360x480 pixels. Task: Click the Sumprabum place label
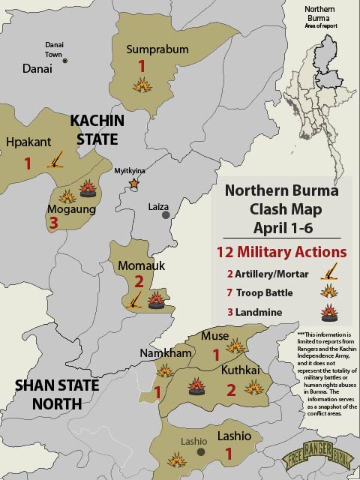click(157, 50)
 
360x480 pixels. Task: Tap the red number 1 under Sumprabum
click(141, 67)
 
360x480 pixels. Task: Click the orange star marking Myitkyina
click(133, 183)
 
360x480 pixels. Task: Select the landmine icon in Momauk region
click(156, 301)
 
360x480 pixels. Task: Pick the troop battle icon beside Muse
click(235, 345)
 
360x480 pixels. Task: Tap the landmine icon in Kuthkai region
click(196, 388)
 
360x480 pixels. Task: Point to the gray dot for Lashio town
click(200, 452)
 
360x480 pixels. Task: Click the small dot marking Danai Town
click(64, 61)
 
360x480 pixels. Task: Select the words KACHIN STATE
click(94, 130)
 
